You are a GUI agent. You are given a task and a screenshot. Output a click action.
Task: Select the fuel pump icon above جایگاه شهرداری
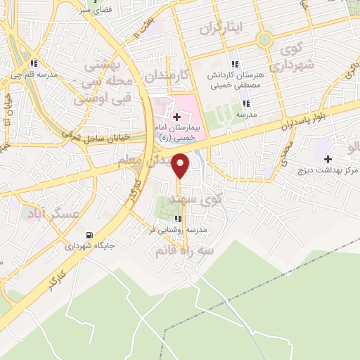point(88,236)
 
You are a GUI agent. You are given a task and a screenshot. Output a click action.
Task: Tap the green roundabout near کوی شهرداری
point(265,40)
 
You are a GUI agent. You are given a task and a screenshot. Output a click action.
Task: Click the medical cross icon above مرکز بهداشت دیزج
point(327,160)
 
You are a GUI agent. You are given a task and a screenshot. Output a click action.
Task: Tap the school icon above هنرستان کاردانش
point(236,64)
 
